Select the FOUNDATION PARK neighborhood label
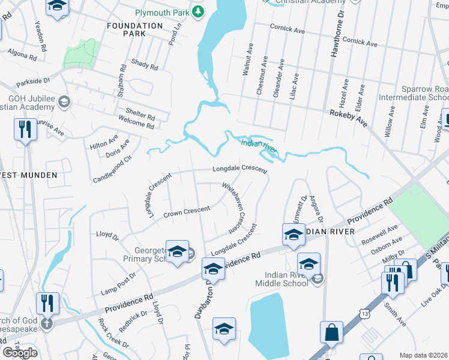pos(134,30)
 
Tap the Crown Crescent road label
pos(187,211)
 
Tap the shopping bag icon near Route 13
pos(331,332)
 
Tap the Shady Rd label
pos(144,64)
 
